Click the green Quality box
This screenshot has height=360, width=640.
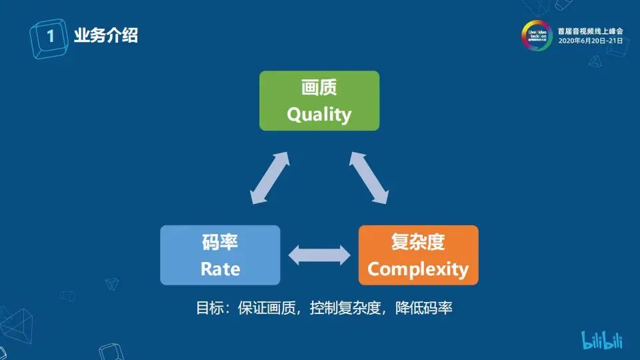[319, 100]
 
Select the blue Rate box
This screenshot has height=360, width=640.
[220, 255]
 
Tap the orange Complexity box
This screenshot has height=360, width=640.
[418, 255]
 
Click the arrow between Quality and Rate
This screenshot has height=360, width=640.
[269, 177]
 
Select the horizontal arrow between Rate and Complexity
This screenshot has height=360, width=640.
[319, 255]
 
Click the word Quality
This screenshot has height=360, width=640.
[319, 114]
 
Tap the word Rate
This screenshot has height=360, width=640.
[220, 269]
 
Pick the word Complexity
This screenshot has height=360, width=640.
[418, 269]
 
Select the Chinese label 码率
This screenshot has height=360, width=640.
[220, 242]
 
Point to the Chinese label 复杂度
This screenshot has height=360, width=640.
[418, 242]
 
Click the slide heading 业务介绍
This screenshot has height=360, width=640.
[106, 35]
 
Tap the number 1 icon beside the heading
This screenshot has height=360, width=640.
[49, 35]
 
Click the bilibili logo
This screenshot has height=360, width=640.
[602, 340]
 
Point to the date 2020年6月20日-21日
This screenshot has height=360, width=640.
[590, 41]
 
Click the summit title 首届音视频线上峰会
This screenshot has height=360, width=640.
[590, 31]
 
